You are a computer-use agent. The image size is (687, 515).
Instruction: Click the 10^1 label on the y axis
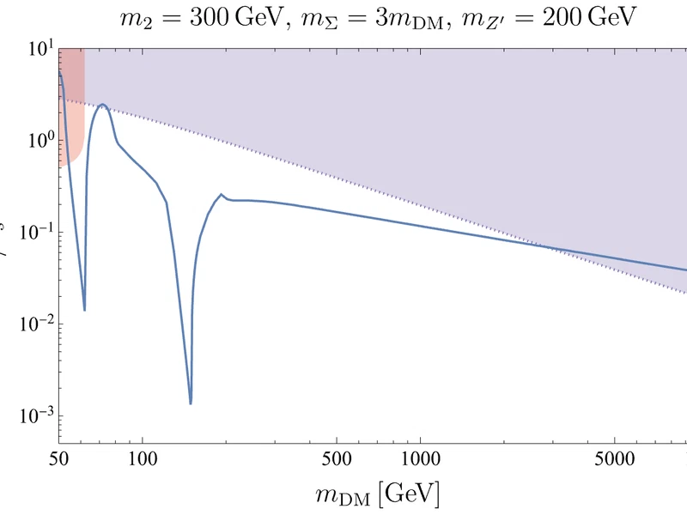click(33, 49)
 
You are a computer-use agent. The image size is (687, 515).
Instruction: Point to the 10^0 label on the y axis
click(33, 140)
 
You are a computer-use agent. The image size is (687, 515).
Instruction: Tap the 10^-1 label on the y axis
click(29, 232)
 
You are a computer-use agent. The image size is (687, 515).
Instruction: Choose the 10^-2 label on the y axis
click(29, 324)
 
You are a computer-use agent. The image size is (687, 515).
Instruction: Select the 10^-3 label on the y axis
click(29, 415)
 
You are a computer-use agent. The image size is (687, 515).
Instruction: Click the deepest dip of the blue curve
click(191, 403)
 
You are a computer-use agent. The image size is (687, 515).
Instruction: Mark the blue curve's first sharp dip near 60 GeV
click(84, 309)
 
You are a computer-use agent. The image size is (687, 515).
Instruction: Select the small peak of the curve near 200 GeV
click(222, 194)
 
